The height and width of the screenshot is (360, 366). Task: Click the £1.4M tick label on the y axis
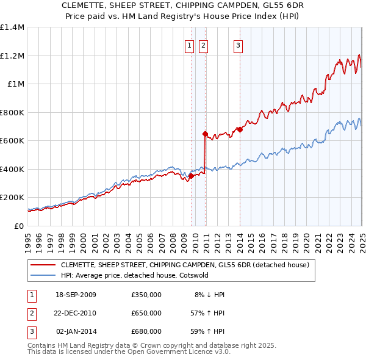point(12,27)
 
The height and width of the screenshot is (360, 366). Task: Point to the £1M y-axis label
point(15,84)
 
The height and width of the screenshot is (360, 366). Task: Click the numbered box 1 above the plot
point(189,45)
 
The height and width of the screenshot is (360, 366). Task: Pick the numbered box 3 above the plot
point(238,45)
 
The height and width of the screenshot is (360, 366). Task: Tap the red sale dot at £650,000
point(205,134)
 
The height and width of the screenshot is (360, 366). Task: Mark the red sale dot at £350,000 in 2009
point(191,176)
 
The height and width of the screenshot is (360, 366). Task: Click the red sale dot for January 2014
point(240,129)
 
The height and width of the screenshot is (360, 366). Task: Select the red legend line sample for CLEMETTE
point(43,265)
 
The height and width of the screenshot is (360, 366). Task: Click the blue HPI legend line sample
point(43,275)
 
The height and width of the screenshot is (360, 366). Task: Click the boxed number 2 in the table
point(31,313)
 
